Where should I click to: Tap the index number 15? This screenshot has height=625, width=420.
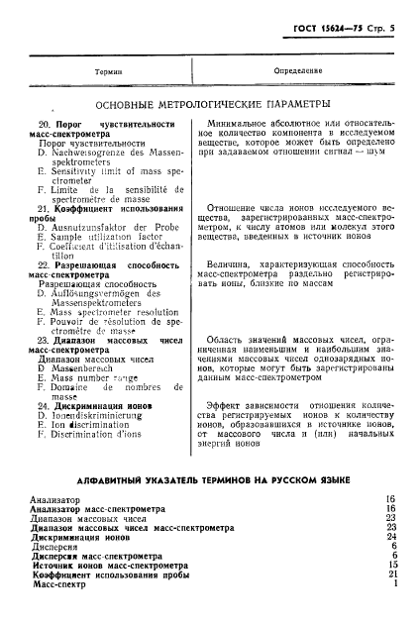point(392,565)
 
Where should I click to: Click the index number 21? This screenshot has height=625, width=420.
point(392,574)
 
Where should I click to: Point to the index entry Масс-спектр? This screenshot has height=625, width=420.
point(61,584)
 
